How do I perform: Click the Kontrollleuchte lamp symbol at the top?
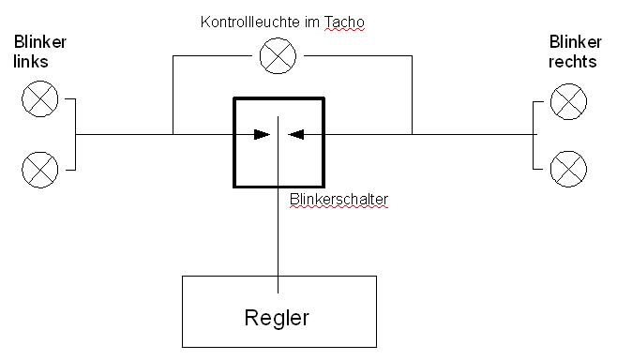[x=278, y=56]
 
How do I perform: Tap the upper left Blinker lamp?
[x=39, y=100]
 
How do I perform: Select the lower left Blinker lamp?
[x=39, y=169]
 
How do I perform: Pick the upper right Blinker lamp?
[x=568, y=100]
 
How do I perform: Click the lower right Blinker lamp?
[x=568, y=169]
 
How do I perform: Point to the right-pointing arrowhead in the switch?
[x=262, y=135]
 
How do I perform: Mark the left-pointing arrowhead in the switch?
[x=296, y=135]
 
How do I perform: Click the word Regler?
[x=277, y=317]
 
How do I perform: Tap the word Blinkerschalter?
[x=339, y=200]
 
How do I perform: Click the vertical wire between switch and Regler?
[x=278, y=234]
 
